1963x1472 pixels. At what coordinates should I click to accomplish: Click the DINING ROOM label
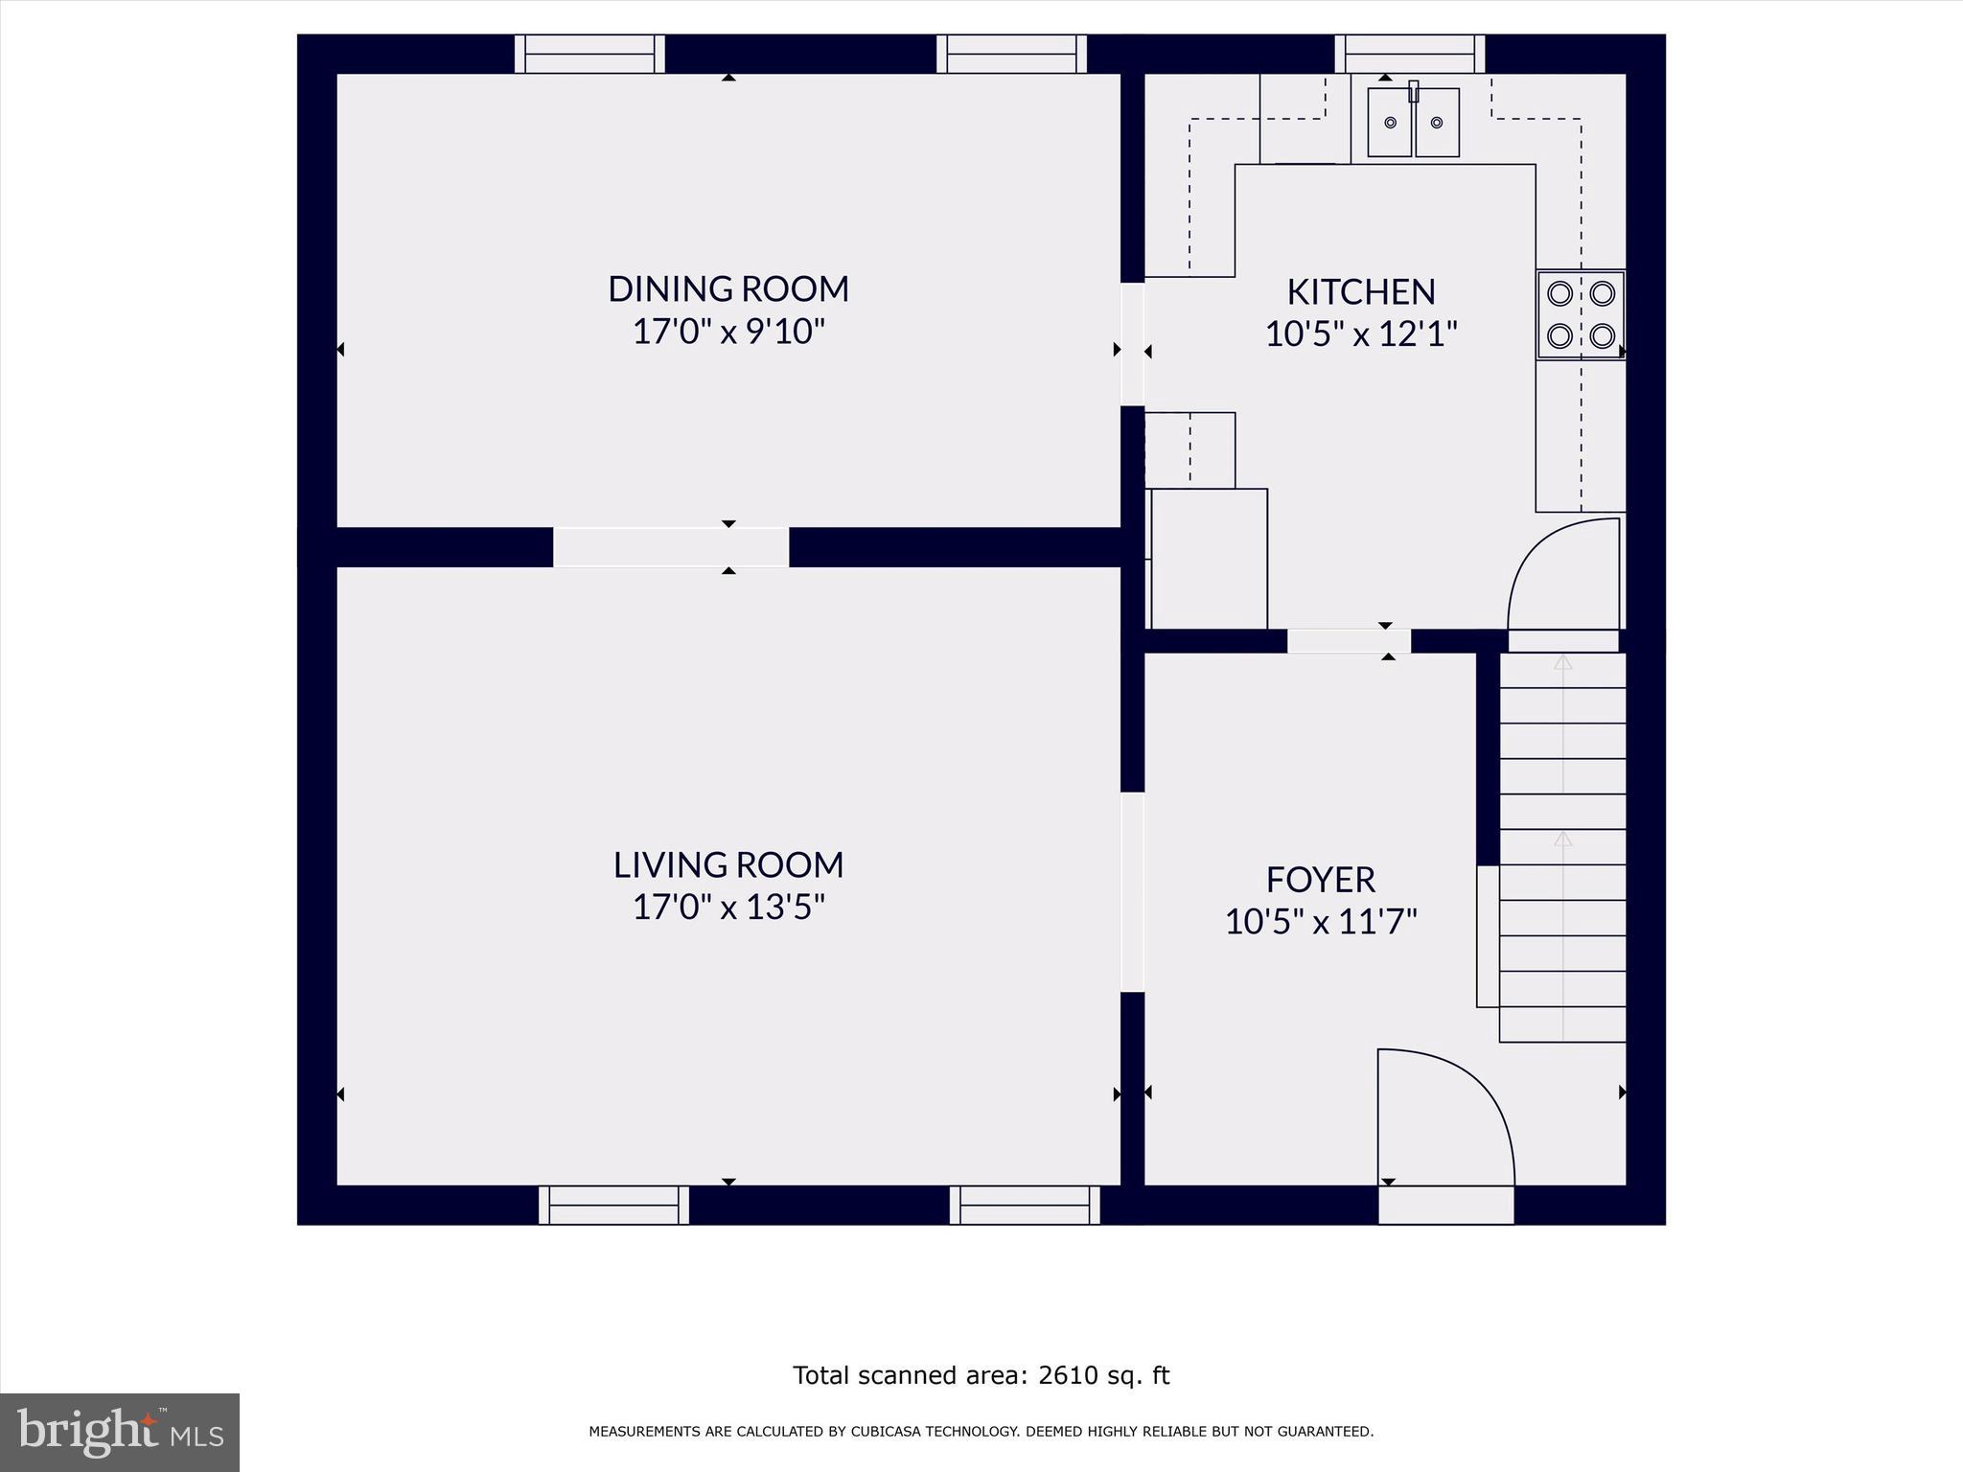(x=728, y=288)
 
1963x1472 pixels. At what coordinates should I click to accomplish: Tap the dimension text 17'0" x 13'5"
(x=728, y=907)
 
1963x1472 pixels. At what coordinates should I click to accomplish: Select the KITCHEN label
(x=1360, y=291)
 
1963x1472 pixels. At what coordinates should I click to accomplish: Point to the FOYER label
(x=1320, y=879)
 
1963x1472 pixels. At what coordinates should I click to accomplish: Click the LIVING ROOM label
(x=728, y=864)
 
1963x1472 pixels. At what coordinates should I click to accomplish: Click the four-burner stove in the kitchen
(x=1581, y=314)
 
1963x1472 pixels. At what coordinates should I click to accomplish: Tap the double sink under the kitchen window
(x=1413, y=123)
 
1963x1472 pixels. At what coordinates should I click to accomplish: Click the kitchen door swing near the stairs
(x=1563, y=575)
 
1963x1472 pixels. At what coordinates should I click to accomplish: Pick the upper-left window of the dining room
(x=589, y=55)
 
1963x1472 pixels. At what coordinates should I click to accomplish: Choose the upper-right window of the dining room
(x=1011, y=55)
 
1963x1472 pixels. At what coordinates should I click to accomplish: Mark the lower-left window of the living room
(x=613, y=1205)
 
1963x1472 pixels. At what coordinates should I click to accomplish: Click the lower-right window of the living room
(x=1025, y=1205)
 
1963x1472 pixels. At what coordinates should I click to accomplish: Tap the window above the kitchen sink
(x=1409, y=55)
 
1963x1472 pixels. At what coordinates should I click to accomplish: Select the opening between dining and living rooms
(x=671, y=547)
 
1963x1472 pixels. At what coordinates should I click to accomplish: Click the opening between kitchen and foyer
(x=1349, y=641)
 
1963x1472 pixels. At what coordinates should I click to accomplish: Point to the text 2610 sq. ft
(x=1103, y=1376)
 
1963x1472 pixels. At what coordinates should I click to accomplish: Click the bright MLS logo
(x=120, y=1432)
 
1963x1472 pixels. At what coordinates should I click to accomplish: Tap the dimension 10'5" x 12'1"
(x=1360, y=334)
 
